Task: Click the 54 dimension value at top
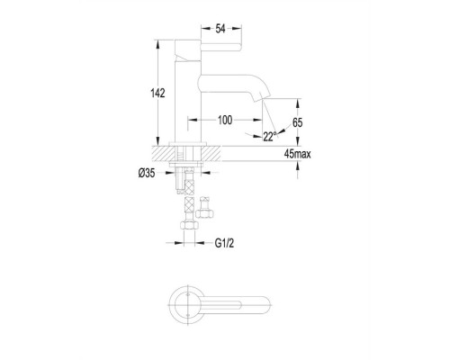tap(220, 29)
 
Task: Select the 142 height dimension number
tap(157, 94)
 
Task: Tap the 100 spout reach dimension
tap(225, 120)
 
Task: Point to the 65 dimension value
tap(297, 122)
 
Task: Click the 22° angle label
tap(269, 136)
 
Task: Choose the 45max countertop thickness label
tap(297, 154)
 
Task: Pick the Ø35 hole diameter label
tap(147, 173)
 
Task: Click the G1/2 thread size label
tap(224, 243)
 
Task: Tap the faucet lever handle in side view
tap(221, 47)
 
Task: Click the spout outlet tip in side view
tap(262, 98)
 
